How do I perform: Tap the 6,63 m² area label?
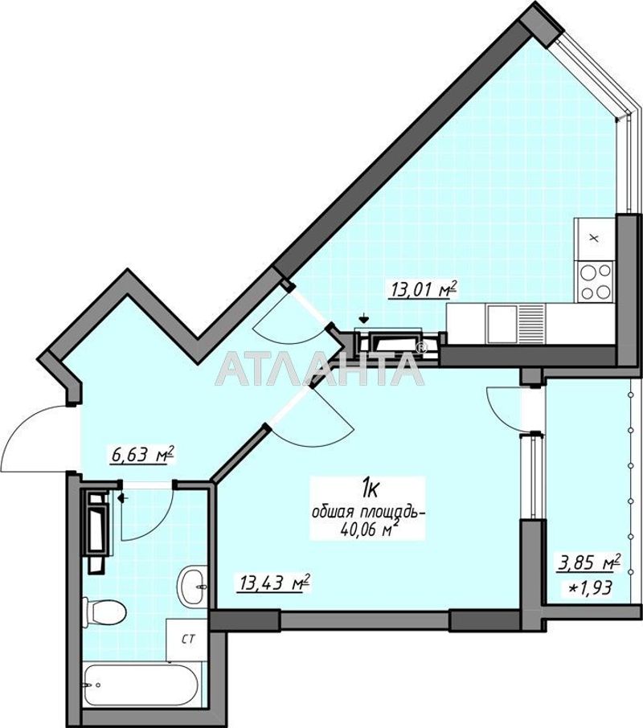(x=142, y=454)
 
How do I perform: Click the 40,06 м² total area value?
(x=370, y=530)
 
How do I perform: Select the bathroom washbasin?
(x=193, y=585)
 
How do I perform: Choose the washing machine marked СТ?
(x=187, y=640)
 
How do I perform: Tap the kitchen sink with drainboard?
(x=515, y=323)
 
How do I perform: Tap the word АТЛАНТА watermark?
(x=319, y=369)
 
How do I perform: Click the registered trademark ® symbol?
(x=420, y=348)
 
